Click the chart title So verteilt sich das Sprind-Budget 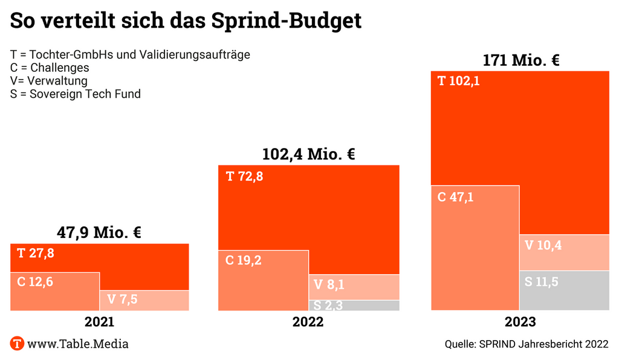[186, 21]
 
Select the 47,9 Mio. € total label [99, 232]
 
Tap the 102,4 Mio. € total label [308, 153]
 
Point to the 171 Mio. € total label [521, 60]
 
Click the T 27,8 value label [36, 253]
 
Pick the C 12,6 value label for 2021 [35, 281]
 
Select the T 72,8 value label [244, 177]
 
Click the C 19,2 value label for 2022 [244, 260]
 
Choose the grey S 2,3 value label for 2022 [328, 306]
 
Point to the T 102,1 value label [459, 81]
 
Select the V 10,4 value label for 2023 [543, 245]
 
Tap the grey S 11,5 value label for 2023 [542, 281]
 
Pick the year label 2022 [308, 322]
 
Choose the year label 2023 [520, 322]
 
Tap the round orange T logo [18, 344]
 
